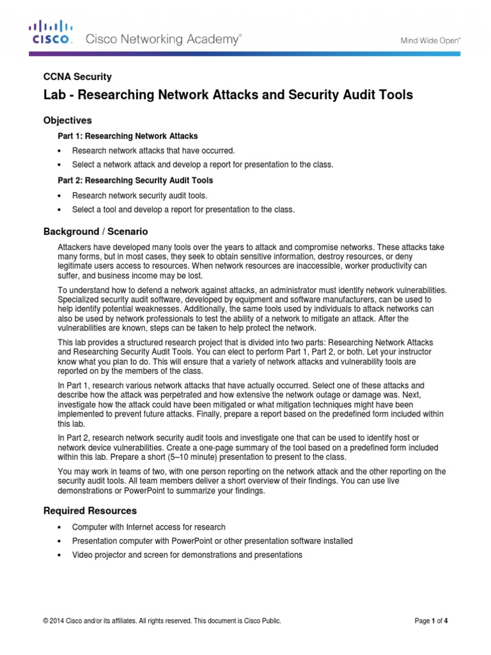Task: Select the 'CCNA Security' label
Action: pyautogui.click(x=77, y=77)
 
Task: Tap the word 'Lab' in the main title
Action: pyautogui.click(x=54, y=95)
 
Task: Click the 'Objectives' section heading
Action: pyautogui.click(x=67, y=120)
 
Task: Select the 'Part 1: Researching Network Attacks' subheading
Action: pyautogui.click(x=129, y=136)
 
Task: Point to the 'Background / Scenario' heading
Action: pyautogui.click(x=95, y=232)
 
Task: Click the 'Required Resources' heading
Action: pyautogui.click(x=90, y=510)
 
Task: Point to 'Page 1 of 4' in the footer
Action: pyautogui.click(x=431, y=620)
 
